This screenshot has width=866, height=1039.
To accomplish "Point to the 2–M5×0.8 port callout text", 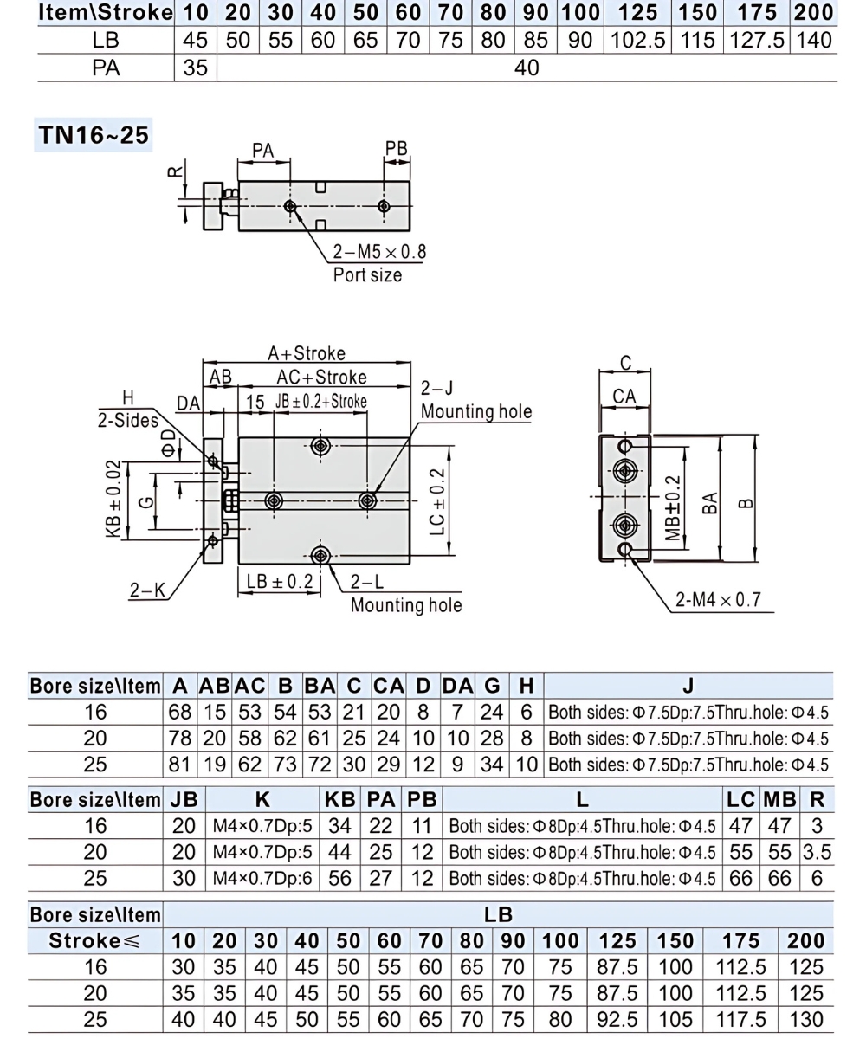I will pos(379,253).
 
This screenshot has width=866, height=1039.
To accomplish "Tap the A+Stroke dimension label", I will pos(306,353).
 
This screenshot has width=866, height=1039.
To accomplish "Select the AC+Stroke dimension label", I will pos(321,378).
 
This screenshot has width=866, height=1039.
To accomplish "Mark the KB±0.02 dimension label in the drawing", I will pos(113,500).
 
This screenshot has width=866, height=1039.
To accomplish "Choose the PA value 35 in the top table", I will pos(196,68).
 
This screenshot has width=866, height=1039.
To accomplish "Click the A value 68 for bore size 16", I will pos(179,713).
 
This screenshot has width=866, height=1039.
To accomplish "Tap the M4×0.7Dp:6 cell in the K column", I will pos(262,878).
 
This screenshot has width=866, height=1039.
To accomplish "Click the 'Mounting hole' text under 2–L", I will pos(405,605).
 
